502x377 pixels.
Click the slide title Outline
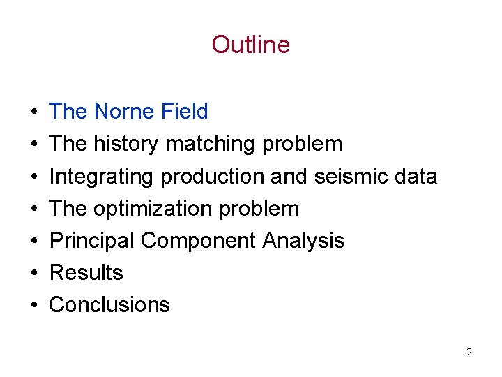[x=250, y=45]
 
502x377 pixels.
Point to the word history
[x=127, y=144]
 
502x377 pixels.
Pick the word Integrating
[x=102, y=176]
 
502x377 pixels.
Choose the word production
[x=212, y=176]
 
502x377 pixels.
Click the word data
[x=414, y=176]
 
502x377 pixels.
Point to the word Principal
[x=92, y=240]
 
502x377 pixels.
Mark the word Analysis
[x=303, y=240]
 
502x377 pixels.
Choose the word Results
[x=86, y=272]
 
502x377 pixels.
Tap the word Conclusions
[x=109, y=304]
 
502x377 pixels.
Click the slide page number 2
[x=469, y=353]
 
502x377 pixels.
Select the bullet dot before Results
[x=33, y=273]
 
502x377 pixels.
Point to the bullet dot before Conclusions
[x=33, y=305]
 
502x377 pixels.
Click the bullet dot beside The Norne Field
[x=33, y=112]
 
